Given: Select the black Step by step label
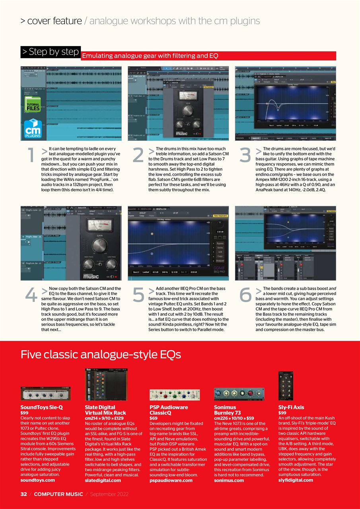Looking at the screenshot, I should pyautogui.click(x=51, y=52).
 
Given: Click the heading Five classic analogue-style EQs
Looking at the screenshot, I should pyautogui.click(x=101, y=354).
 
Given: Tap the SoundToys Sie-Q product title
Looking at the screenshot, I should pyautogui.click(x=42, y=407).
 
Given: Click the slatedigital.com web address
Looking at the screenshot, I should pyautogui.click(x=103, y=480).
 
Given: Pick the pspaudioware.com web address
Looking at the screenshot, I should pyautogui.click(x=171, y=480).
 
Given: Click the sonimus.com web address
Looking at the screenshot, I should pyautogui.click(x=229, y=480).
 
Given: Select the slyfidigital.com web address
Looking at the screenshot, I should pyautogui.click(x=296, y=480).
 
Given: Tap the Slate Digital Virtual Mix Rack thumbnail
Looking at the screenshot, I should pyautogui.click(x=106, y=384).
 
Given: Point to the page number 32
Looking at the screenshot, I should pyautogui.click(x=24, y=494).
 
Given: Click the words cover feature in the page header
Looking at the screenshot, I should pyautogui.click(x=54, y=21).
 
